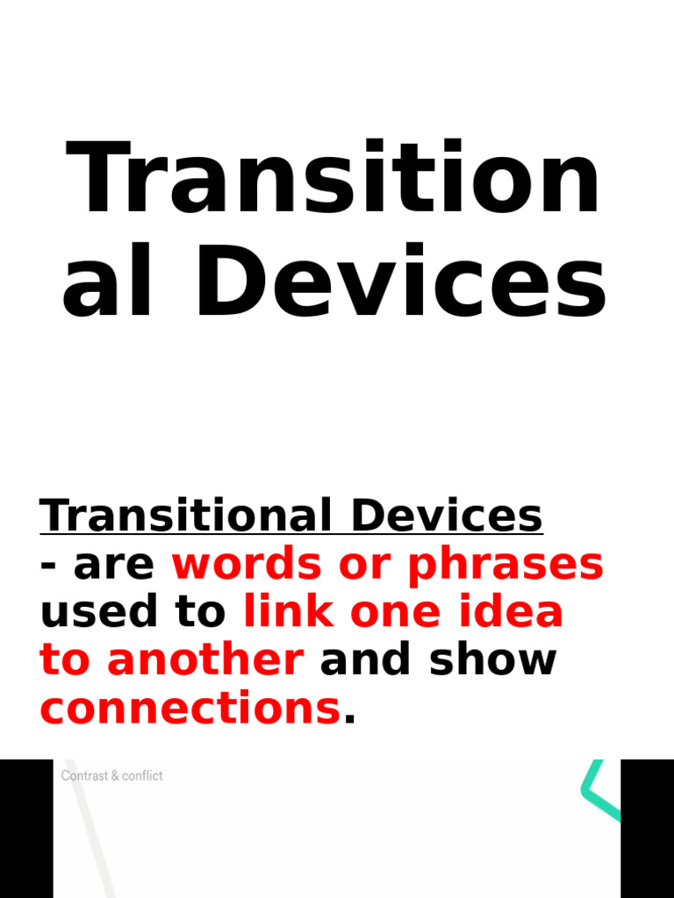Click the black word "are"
coord(114,566)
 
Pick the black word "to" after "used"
coord(203,612)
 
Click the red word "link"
coord(287,612)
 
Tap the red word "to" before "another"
coord(65,659)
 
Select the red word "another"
coord(205,659)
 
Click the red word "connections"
coord(190,707)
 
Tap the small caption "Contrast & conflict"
coord(112,776)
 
